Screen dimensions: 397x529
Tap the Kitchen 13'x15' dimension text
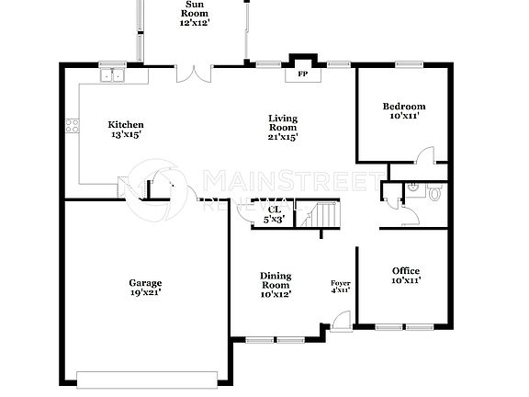click(126, 135)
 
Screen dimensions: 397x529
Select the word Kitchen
click(126, 125)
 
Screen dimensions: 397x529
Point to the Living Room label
click(283, 119)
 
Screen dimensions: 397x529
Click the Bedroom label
click(404, 107)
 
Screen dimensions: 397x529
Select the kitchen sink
click(115, 75)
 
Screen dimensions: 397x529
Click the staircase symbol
click(323, 217)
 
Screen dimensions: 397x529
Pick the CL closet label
click(274, 210)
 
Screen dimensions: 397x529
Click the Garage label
click(145, 283)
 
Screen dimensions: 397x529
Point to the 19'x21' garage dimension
click(145, 294)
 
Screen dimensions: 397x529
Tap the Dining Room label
click(276, 280)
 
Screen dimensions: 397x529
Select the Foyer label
click(340, 282)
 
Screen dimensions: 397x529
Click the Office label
click(406, 270)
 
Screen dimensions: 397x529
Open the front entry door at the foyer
click(340, 322)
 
